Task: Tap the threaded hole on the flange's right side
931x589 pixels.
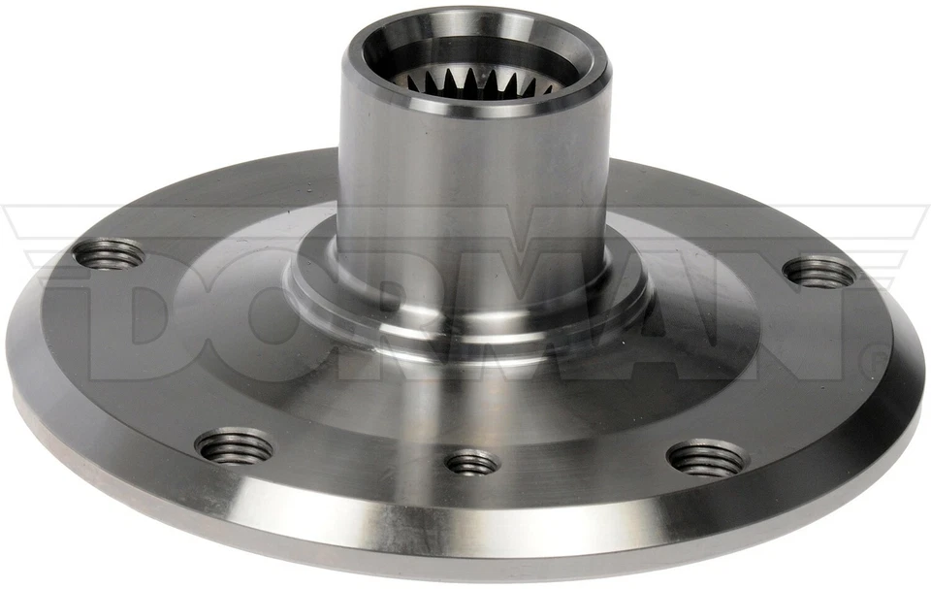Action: coord(820,273)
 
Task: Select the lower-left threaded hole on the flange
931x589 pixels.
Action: coord(234,445)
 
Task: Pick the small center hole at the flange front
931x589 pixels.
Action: coord(472,462)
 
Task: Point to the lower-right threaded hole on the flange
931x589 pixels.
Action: coord(707,457)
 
